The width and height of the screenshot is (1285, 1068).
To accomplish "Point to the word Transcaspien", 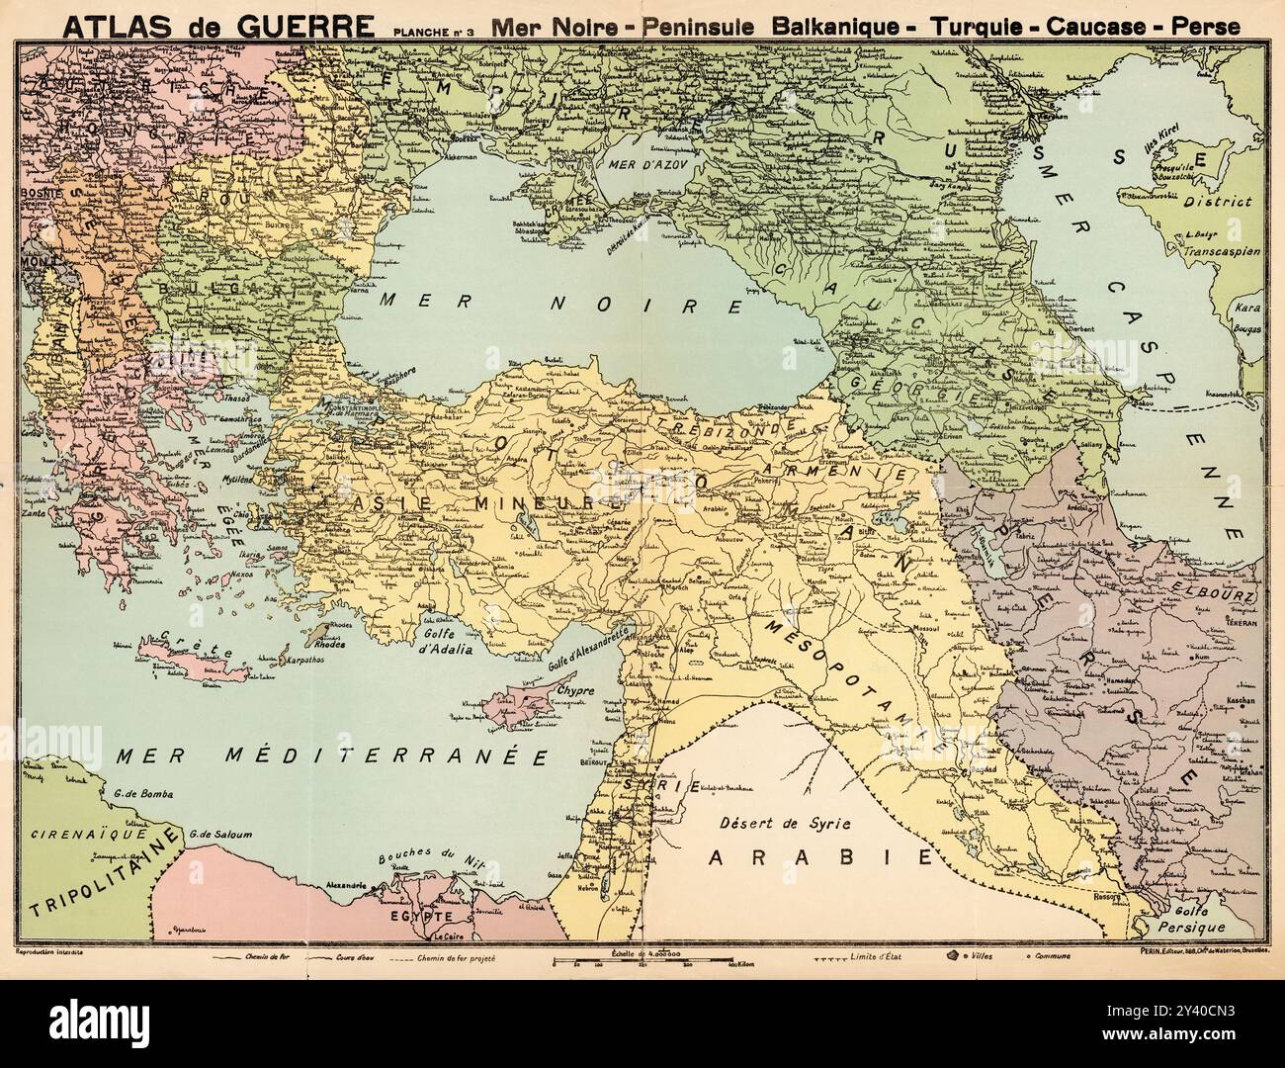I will coord(1217,251).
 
